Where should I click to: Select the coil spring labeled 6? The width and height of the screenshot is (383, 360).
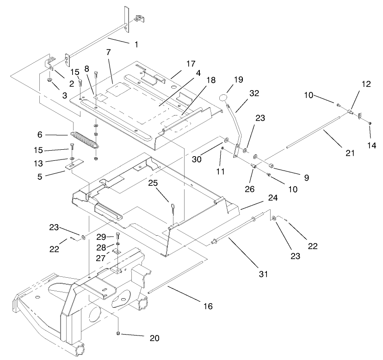coord(84,139)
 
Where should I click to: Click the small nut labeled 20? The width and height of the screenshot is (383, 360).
coord(118,334)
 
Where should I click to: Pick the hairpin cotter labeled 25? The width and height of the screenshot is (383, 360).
coord(171,207)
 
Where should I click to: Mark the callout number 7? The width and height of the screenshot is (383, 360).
coord(108,52)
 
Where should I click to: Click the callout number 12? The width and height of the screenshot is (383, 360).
coord(366,84)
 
